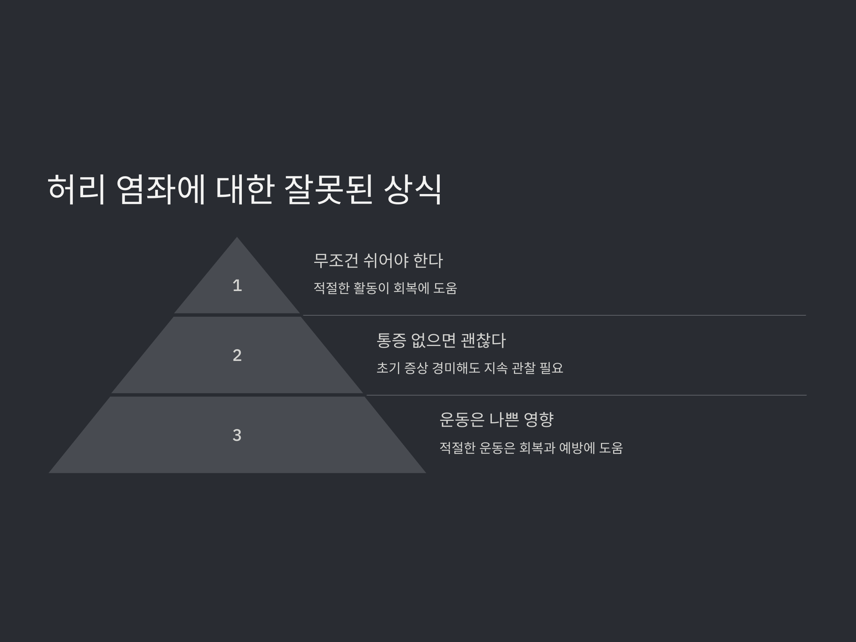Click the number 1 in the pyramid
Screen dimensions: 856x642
click(x=237, y=286)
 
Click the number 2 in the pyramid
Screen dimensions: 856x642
click(x=237, y=355)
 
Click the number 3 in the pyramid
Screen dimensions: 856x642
click(x=237, y=435)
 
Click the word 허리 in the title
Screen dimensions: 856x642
click(x=76, y=190)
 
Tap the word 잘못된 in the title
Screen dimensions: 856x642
click(x=328, y=190)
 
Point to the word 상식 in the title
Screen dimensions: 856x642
click(x=413, y=190)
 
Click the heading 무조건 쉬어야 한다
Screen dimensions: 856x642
click(x=378, y=260)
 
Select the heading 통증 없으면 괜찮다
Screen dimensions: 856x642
click(x=441, y=341)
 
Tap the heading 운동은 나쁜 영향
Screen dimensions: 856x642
click(x=496, y=419)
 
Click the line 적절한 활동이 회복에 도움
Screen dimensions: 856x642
click(x=385, y=288)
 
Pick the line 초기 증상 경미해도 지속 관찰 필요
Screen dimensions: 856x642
click(x=470, y=368)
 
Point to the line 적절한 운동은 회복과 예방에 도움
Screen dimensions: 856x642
click(x=531, y=448)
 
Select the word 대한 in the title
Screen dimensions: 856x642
click(x=245, y=190)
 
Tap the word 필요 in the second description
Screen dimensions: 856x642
click(x=551, y=368)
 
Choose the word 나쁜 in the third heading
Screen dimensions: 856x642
click(x=504, y=419)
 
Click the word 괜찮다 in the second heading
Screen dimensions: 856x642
click(x=483, y=341)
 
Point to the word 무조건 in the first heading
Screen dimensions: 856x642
click(x=336, y=260)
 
